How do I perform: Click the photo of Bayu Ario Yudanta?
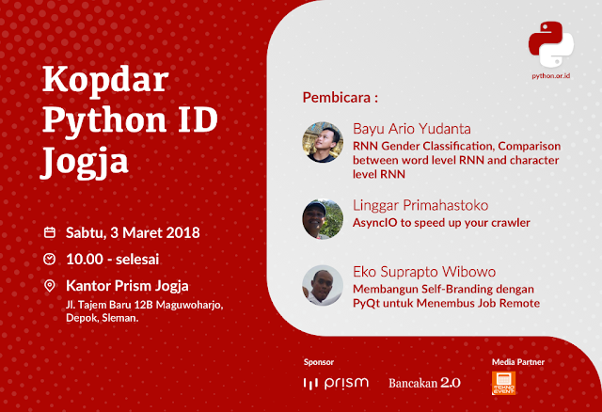click(322, 141)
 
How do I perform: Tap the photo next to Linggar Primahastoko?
click(321, 218)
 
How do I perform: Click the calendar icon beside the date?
click(50, 231)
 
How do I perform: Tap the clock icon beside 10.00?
click(50, 258)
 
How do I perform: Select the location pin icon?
click(50, 285)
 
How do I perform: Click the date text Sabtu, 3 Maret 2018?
click(133, 231)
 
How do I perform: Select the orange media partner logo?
click(504, 382)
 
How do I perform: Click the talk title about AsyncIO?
click(441, 223)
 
